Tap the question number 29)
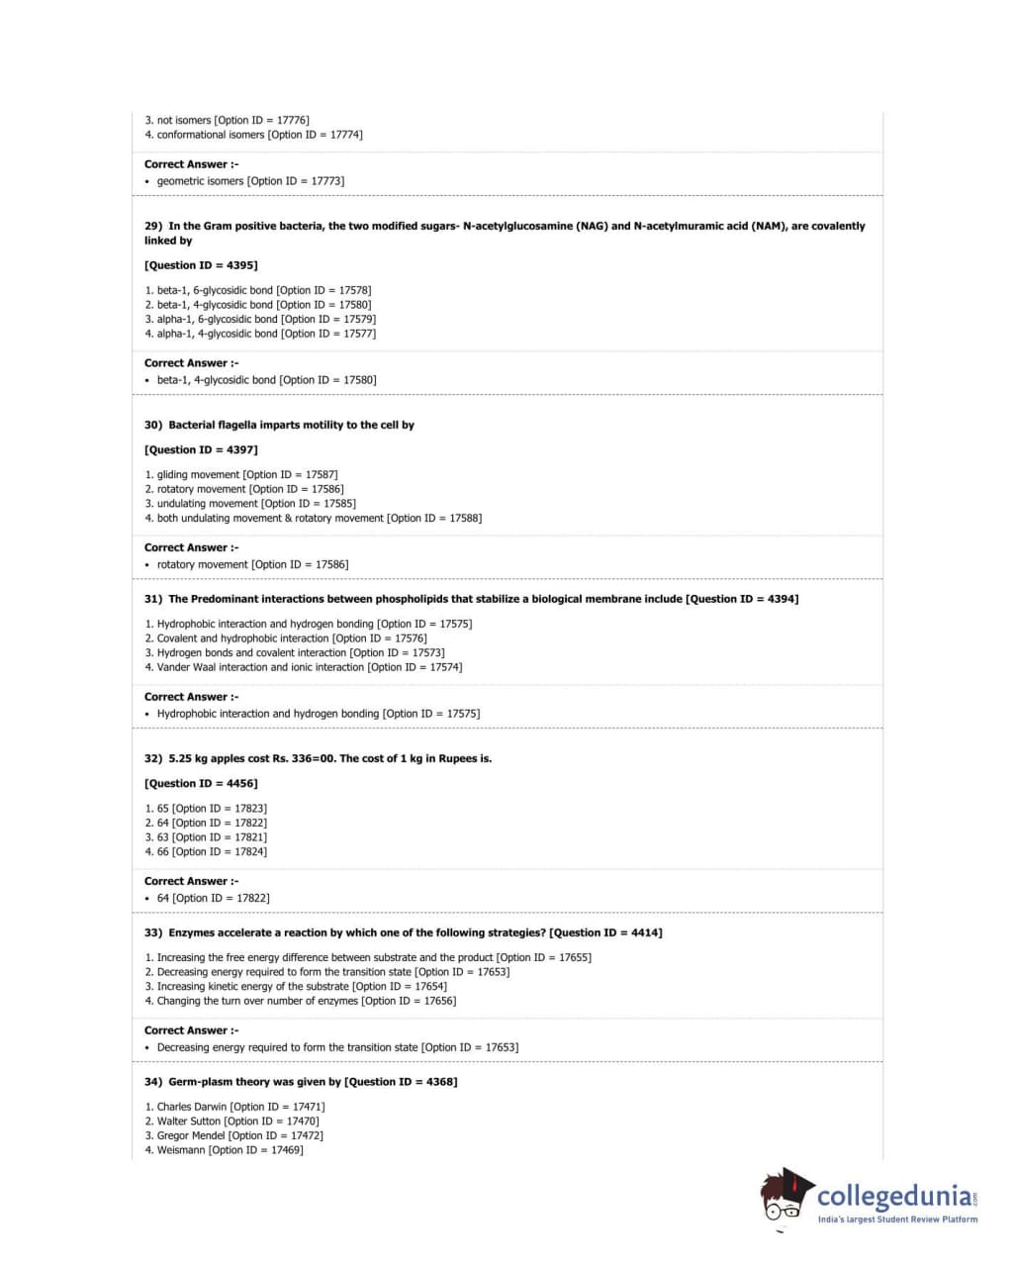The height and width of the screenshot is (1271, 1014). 153,226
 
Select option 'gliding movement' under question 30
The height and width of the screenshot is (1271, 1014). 240,475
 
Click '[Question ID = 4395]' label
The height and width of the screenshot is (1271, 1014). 201,265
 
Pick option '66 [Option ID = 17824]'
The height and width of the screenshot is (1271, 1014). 206,852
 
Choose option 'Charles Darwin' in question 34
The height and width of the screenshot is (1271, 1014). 234,1107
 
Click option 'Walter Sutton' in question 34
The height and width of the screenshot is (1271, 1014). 231,1122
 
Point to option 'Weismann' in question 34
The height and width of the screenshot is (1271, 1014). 224,1150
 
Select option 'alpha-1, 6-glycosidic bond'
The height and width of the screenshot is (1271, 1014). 260,320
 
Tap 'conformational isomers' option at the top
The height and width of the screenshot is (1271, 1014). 253,135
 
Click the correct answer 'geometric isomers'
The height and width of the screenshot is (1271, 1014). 250,181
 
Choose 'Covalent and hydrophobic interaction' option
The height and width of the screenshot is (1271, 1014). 286,638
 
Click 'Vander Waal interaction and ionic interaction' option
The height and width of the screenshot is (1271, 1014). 304,667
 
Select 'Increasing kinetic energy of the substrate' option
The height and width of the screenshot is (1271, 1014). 296,987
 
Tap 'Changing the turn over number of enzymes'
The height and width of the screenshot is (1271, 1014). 301,1001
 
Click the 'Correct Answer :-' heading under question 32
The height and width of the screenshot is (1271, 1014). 191,881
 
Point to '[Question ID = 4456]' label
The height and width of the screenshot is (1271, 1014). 201,784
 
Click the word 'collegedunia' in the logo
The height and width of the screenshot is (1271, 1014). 893,1196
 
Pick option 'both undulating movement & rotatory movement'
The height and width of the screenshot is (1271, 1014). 314,519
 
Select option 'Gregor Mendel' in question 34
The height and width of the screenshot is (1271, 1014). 233,1136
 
